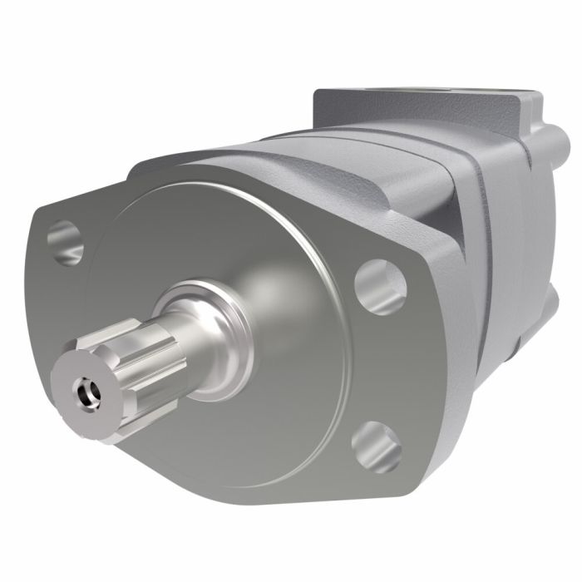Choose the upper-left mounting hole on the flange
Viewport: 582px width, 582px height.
tap(65, 242)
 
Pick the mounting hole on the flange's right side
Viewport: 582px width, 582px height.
tap(380, 286)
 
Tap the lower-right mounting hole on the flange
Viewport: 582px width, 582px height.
tap(376, 446)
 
